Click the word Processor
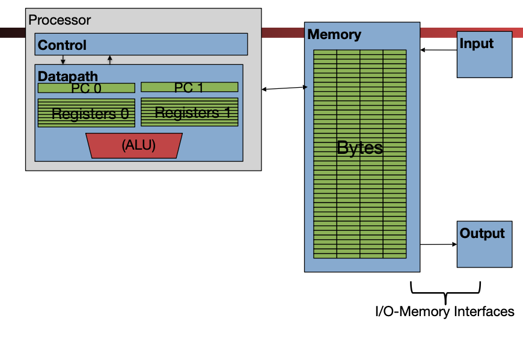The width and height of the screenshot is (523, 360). [60, 20]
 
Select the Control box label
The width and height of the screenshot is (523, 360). [62, 45]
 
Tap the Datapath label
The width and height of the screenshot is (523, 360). [67, 76]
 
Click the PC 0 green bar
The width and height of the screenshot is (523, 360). [86, 88]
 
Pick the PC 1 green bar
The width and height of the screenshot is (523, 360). [189, 88]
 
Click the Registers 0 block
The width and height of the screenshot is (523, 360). [86, 112]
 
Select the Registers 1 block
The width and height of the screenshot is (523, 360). [189, 112]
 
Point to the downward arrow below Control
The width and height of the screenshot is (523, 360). [63, 60]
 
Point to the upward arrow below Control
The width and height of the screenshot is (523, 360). [109, 59]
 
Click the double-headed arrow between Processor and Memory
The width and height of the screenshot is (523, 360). [285, 89]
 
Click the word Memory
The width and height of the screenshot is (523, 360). [334, 34]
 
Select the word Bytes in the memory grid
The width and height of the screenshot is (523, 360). [359, 148]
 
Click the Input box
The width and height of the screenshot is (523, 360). [484, 55]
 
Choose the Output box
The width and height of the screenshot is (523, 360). [485, 244]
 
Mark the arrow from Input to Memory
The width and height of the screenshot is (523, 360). [439, 50]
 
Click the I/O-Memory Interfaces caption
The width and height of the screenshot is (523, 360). [445, 311]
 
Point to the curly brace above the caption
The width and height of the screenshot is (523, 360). [445, 291]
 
